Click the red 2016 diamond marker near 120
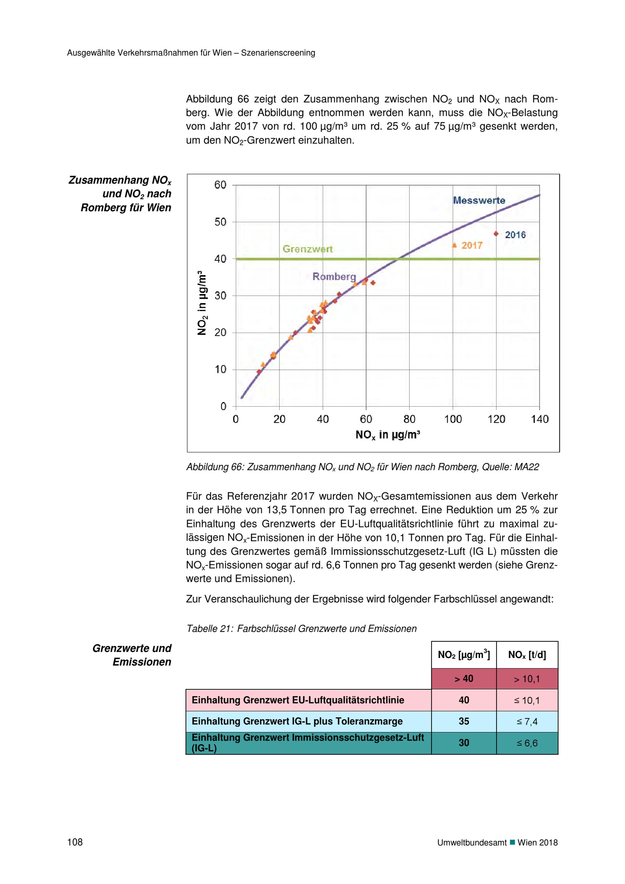(x=496, y=234)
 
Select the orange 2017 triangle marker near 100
(x=454, y=245)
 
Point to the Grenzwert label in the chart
(x=307, y=249)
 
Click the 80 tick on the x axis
(x=409, y=419)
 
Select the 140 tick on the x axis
(x=540, y=419)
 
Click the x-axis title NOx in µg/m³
(x=387, y=435)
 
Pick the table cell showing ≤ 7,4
(x=527, y=721)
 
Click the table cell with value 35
(x=464, y=721)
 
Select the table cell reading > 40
(x=464, y=679)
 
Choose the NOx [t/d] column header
(x=527, y=655)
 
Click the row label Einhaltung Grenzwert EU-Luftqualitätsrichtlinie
(x=298, y=700)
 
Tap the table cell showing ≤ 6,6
(x=527, y=743)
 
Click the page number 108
(x=75, y=842)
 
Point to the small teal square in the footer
(x=512, y=842)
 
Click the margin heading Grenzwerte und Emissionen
(x=132, y=655)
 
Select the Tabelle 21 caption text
(x=301, y=629)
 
